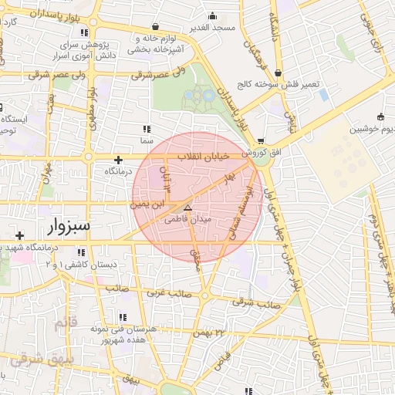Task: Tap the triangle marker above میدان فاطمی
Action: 187,208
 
